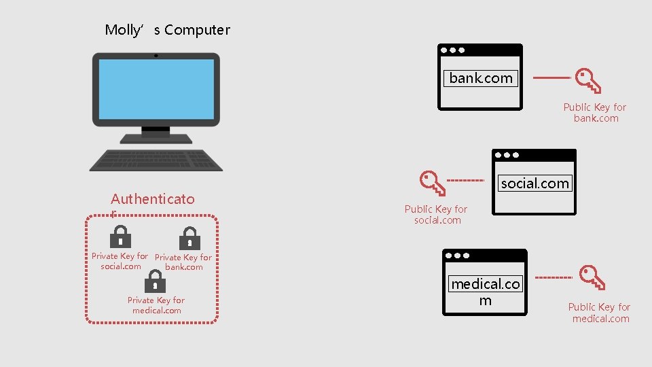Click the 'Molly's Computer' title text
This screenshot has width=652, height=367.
(167, 30)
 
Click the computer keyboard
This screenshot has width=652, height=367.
(156, 160)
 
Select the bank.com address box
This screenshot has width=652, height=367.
(481, 78)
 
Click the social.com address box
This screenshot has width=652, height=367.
(535, 183)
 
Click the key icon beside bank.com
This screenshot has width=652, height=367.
(588, 80)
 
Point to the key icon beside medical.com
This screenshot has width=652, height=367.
(592, 277)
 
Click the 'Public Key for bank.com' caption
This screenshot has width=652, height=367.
(595, 113)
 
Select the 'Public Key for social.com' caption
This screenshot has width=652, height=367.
(436, 215)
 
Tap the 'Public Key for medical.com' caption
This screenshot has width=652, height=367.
(600, 313)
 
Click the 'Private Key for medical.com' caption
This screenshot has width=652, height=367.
(156, 305)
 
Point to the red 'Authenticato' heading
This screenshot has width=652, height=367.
(152, 199)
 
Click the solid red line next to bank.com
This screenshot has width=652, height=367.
(549, 78)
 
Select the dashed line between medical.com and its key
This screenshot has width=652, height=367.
(554, 278)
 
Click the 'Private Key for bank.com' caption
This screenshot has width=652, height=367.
(183, 262)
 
